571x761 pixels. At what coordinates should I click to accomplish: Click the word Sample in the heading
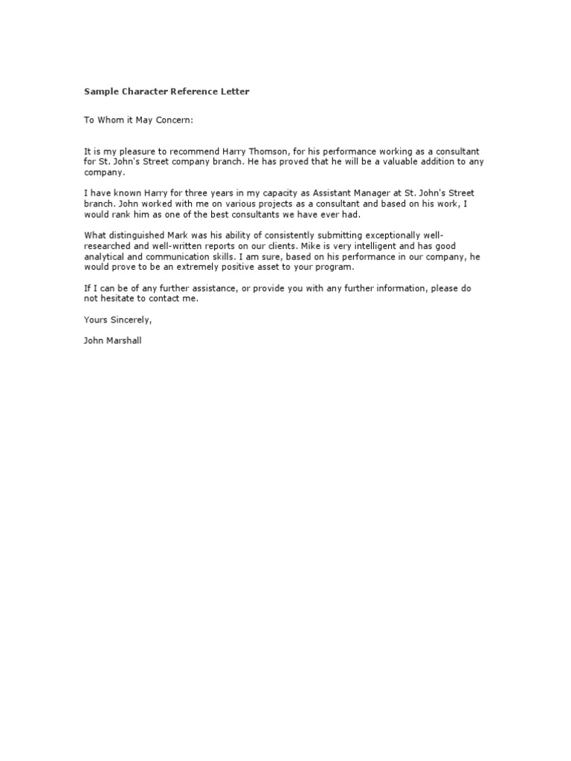[100, 91]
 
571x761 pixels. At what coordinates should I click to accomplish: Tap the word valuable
[412, 161]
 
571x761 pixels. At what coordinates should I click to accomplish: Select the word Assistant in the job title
[323, 193]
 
